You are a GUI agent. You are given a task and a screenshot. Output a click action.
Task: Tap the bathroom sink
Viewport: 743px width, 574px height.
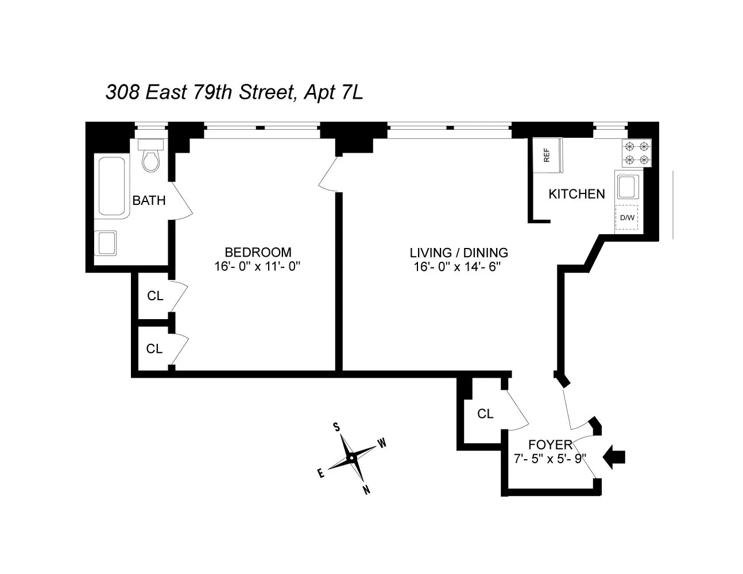click(106, 243)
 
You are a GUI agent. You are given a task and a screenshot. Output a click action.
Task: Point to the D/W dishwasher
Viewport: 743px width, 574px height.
click(628, 218)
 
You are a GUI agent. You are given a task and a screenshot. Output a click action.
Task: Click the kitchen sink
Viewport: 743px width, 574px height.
click(626, 187)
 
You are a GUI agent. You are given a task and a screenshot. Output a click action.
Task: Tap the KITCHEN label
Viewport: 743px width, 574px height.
click(576, 194)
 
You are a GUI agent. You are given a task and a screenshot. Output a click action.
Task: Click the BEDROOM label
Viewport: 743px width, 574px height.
click(258, 252)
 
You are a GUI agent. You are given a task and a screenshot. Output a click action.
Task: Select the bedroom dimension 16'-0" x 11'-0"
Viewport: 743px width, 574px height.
click(258, 266)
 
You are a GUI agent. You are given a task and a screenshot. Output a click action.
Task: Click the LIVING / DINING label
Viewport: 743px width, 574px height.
click(459, 253)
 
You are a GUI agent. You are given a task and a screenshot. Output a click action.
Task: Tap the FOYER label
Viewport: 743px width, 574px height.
click(550, 444)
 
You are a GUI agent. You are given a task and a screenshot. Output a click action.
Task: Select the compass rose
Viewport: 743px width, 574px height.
click(351, 458)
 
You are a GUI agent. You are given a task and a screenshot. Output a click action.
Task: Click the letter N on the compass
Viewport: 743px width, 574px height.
click(366, 490)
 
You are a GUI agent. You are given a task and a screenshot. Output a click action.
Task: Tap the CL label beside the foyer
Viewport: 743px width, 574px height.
click(485, 414)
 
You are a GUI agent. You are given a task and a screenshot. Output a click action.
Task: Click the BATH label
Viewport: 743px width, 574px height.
click(149, 200)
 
